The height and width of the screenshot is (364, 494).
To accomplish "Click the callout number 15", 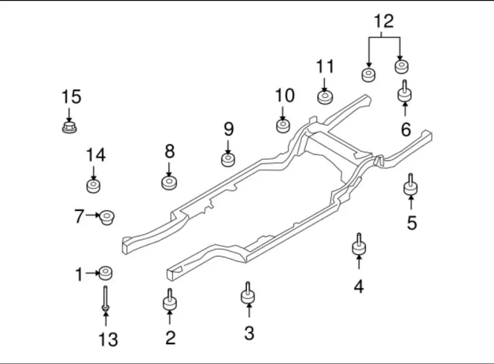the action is (71, 97).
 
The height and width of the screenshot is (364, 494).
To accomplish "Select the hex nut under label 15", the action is (69, 127).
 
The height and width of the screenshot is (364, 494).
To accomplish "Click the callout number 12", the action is (384, 21).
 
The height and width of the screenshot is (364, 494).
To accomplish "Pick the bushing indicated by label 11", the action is (325, 97).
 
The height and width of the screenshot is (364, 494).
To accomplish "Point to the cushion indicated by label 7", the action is (107, 217).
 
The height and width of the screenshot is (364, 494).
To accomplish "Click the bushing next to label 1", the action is (105, 273).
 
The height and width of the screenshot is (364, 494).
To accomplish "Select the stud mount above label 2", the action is (170, 300).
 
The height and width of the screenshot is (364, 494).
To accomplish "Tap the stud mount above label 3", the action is (248, 293).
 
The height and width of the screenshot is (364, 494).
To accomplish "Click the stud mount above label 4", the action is (359, 244).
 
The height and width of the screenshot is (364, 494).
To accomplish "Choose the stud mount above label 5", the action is (411, 184).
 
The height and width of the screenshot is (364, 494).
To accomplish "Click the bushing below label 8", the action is (169, 183).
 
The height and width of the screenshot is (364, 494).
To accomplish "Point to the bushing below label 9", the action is (228, 160).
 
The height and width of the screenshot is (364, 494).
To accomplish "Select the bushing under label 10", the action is (283, 126).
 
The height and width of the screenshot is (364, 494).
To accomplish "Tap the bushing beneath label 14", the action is (93, 186).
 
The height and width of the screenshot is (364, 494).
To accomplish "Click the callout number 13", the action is (108, 339).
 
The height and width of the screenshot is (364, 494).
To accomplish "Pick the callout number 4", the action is (359, 287).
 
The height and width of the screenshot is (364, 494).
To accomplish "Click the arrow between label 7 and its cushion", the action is (93, 215).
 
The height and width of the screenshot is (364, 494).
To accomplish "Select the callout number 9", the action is (229, 129).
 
